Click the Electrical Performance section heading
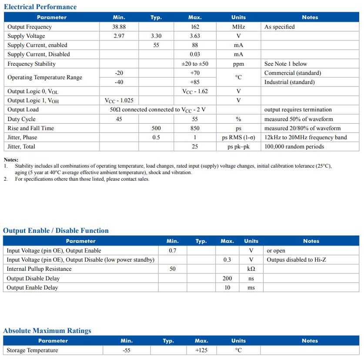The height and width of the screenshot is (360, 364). pyautogui.click(x=40, y=7)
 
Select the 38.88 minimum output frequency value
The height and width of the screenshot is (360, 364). pyautogui.click(x=119, y=27)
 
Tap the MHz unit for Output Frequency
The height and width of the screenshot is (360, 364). pyautogui.click(x=238, y=27)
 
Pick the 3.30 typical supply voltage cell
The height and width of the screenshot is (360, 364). pyautogui.click(x=156, y=36)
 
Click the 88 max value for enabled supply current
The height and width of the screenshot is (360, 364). pyautogui.click(x=195, y=45)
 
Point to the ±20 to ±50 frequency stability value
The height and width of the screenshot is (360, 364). pyautogui.click(x=195, y=64)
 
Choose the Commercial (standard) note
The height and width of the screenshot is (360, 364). pyautogui.click(x=292, y=73)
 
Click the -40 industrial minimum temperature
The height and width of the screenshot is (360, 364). pyautogui.click(x=119, y=82)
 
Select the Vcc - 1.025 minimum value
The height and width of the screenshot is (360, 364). pyautogui.click(x=119, y=101)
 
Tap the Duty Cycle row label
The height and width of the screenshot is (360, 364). pyautogui.click(x=21, y=119)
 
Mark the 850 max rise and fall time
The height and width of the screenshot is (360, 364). pyautogui.click(x=195, y=128)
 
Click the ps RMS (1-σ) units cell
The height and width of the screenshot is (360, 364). pyautogui.click(x=238, y=138)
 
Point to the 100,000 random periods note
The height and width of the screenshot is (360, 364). pyautogui.click(x=294, y=147)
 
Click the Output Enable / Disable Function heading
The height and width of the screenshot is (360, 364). pyautogui.click(x=56, y=231)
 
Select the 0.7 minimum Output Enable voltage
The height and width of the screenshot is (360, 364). pyautogui.click(x=173, y=251)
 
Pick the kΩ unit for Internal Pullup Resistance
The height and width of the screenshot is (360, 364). pyautogui.click(x=251, y=269)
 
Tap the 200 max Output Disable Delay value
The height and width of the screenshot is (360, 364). pyautogui.click(x=227, y=279)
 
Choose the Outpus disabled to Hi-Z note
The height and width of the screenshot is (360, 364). pyautogui.click(x=296, y=260)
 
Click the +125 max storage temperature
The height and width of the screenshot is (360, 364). pyautogui.click(x=201, y=350)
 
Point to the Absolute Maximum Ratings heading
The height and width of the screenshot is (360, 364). pyautogui.click(x=47, y=331)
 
